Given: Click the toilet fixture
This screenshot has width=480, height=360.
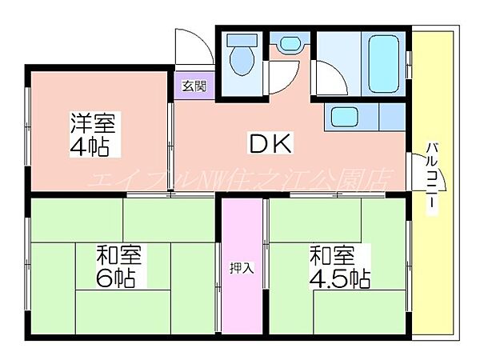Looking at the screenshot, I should click(x=240, y=58).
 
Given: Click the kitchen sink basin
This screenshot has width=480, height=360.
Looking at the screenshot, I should click(x=346, y=118).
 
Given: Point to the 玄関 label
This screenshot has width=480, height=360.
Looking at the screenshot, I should click(x=192, y=86).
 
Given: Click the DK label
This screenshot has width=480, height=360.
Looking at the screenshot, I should click(x=273, y=145).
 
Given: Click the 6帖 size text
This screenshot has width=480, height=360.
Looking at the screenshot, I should click(x=116, y=278).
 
